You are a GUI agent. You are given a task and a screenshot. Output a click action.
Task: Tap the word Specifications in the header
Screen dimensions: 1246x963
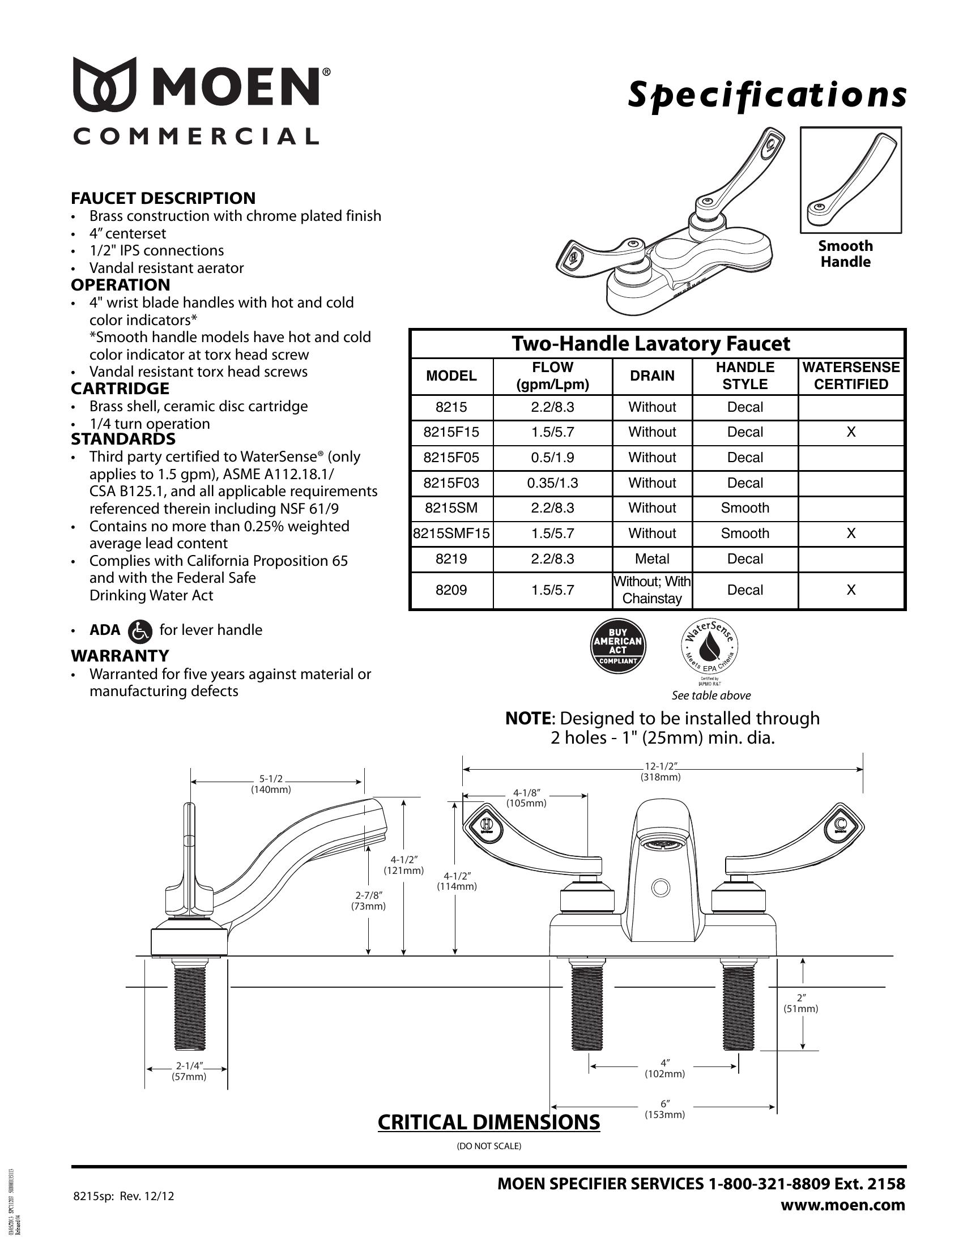coord(767,95)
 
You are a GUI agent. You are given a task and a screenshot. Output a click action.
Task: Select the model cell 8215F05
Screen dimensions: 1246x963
coord(451,458)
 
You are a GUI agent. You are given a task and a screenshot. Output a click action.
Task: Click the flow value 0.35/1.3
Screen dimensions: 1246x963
coord(552,483)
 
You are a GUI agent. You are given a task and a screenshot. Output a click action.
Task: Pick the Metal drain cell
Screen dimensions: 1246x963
coord(651,559)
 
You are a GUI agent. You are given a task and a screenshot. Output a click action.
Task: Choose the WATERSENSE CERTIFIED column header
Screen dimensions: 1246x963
coord(851,375)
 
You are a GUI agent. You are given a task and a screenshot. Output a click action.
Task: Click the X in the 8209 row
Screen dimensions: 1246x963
coord(851,590)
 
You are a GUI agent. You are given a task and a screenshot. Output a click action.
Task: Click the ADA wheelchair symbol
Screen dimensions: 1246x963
coord(140,631)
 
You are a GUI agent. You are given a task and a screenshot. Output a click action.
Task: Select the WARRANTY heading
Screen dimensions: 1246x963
coord(120,655)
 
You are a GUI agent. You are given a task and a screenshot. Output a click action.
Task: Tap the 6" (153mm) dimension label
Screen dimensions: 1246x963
coord(664,1109)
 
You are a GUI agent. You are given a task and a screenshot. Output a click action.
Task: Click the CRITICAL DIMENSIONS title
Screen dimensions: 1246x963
coord(489,1121)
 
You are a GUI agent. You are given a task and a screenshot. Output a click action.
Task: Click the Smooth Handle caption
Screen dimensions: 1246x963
coord(846,254)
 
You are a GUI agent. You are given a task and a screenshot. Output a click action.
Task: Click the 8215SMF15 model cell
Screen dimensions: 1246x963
coord(451,534)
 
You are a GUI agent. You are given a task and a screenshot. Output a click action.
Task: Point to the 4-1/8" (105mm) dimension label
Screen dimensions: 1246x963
coord(526,797)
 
